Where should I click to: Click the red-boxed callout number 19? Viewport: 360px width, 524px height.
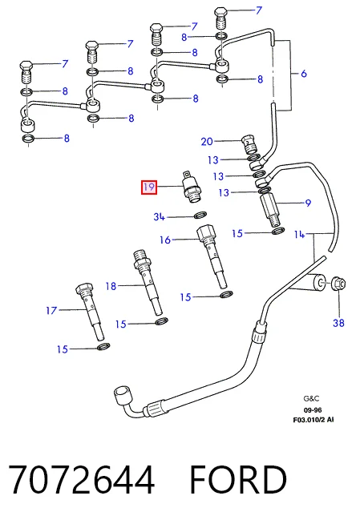[149, 187]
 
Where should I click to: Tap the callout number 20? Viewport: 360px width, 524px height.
[207, 141]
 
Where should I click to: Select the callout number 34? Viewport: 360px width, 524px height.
[159, 217]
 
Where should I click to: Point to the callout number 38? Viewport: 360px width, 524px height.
[338, 323]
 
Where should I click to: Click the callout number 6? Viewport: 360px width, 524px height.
[304, 73]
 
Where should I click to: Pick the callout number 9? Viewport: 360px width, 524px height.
[308, 203]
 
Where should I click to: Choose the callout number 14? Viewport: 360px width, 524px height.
[300, 234]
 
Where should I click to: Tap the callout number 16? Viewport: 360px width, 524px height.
[165, 240]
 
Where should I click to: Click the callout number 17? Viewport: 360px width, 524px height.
[51, 310]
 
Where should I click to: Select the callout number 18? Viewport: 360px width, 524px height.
[111, 286]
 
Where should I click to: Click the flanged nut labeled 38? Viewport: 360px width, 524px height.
[338, 284]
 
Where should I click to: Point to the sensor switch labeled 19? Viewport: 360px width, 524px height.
[192, 187]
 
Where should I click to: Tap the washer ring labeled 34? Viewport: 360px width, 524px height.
[200, 215]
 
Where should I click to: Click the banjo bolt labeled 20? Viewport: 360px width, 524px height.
[249, 143]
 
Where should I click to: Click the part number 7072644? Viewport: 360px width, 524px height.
[82, 479]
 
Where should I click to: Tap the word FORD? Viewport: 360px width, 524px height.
[238, 479]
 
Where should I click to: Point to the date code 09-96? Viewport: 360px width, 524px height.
[313, 409]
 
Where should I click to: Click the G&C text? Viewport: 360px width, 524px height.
[311, 398]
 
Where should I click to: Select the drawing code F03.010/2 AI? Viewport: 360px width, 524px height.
[313, 419]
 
